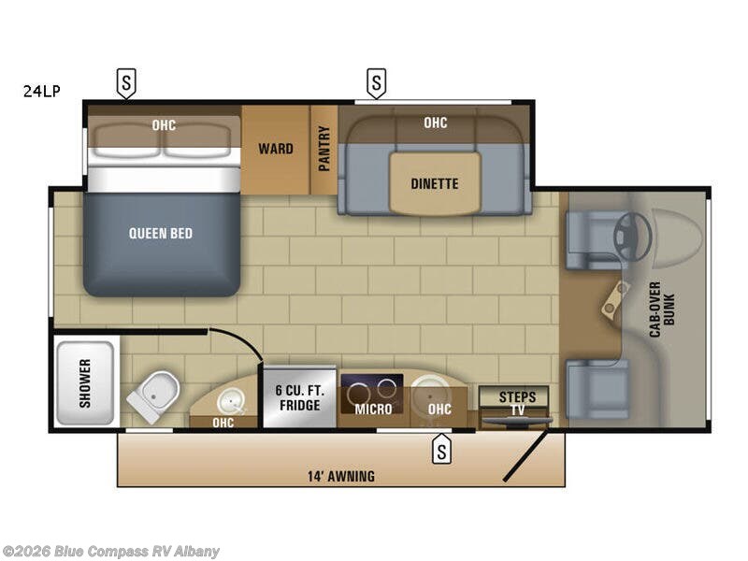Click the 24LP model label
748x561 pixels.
coord(42,92)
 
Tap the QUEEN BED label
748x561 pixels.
coord(161,233)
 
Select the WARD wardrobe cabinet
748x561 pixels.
coord(275,149)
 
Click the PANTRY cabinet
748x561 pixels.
coord(324,149)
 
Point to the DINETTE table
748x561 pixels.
coord(435,183)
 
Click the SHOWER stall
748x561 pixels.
coord(85,381)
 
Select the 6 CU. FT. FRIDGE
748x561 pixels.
coord(298,396)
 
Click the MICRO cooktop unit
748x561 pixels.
coord(371,396)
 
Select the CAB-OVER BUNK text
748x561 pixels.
coord(661,309)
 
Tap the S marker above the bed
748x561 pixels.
coord(125,82)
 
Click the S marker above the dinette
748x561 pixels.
coord(375,82)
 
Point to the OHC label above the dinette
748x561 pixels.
coord(435,122)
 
